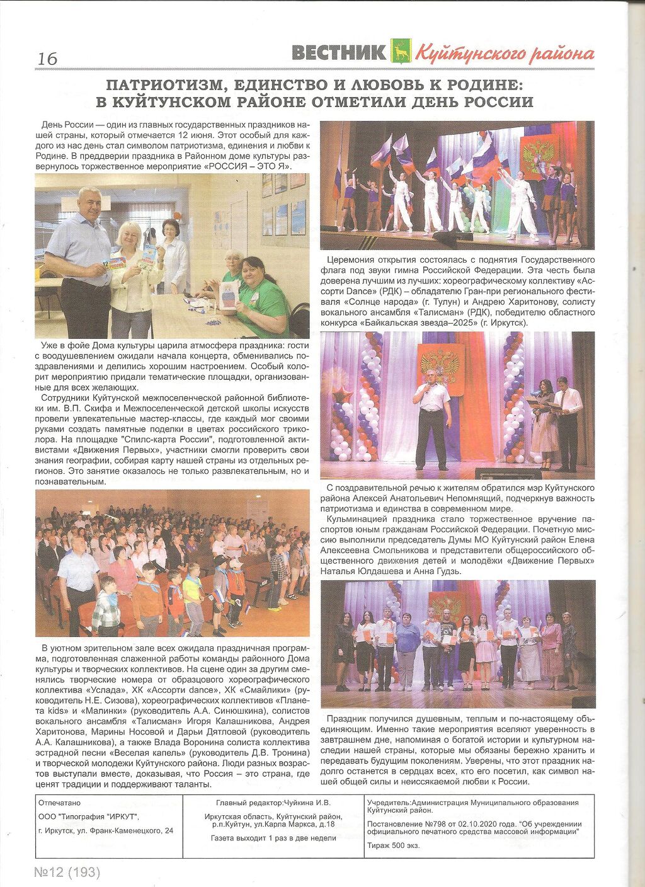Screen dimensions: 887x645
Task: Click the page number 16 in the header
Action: [47, 59]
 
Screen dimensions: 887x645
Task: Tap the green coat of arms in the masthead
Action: [401, 51]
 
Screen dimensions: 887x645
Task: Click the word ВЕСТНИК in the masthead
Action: [339, 53]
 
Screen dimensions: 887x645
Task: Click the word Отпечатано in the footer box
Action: [60, 803]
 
